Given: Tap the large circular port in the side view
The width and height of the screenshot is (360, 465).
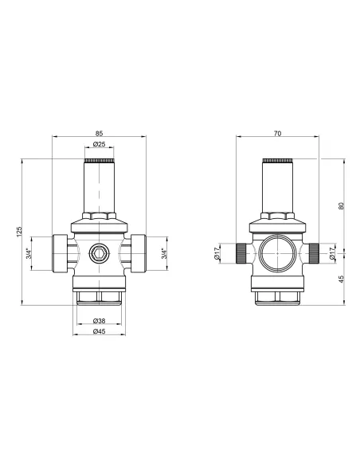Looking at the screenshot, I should (x=277, y=255).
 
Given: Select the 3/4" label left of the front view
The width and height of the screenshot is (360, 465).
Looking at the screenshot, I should (x=29, y=255).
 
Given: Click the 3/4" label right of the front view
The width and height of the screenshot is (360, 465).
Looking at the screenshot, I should (x=164, y=255).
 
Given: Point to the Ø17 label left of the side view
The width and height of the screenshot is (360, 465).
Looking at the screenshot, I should (x=217, y=254).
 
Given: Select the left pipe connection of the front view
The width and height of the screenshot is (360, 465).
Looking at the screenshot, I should (x=61, y=255).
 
